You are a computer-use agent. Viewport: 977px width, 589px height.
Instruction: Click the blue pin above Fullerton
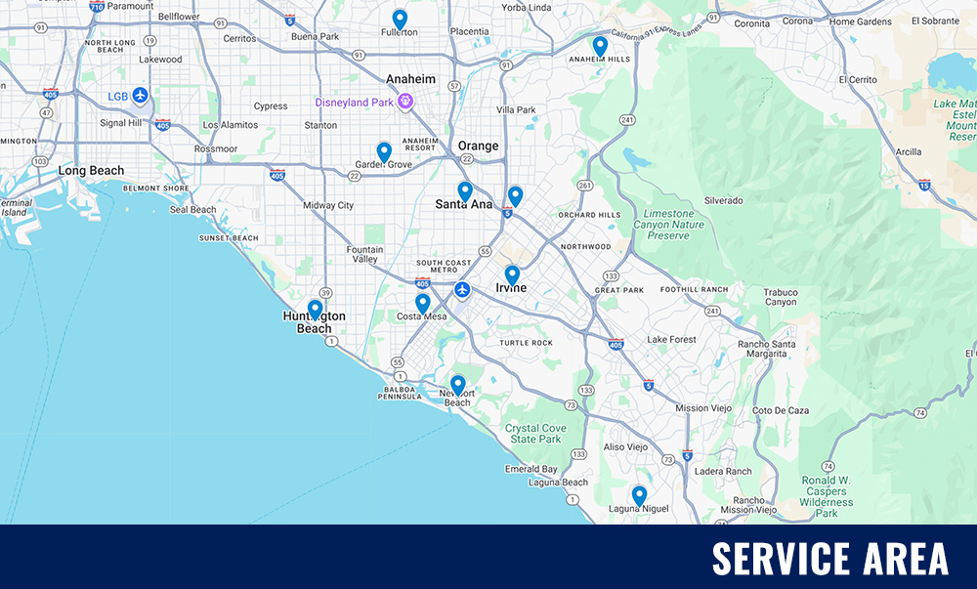(x=400, y=19)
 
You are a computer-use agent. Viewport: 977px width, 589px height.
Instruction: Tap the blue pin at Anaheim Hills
(x=600, y=45)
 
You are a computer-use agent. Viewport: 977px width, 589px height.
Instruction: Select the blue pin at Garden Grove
(x=384, y=151)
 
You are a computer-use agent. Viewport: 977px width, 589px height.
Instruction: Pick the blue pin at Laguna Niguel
(x=639, y=495)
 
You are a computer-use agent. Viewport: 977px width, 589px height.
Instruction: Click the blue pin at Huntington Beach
(x=315, y=309)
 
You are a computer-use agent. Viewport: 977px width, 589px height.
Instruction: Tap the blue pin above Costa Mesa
(x=422, y=303)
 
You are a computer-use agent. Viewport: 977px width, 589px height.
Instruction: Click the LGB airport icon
(x=141, y=95)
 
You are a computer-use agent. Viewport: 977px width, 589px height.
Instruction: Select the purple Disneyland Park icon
(x=404, y=102)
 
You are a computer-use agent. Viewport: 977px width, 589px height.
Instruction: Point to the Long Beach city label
(x=91, y=171)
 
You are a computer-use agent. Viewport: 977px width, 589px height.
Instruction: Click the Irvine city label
(x=510, y=288)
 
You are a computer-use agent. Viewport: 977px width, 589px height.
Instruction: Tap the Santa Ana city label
(x=464, y=204)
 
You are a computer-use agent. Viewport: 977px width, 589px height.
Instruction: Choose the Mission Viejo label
(x=704, y=408)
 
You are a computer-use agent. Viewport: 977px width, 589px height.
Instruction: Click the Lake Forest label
(x=671, y=340)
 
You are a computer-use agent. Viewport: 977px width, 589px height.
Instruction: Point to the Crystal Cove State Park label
(x=535, y=434)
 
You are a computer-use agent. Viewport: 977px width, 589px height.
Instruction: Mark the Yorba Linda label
(x=528, y=7)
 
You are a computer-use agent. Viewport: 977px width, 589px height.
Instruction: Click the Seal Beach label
(x=193, y=210)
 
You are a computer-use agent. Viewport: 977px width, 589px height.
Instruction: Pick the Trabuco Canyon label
(x=781, y=297)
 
